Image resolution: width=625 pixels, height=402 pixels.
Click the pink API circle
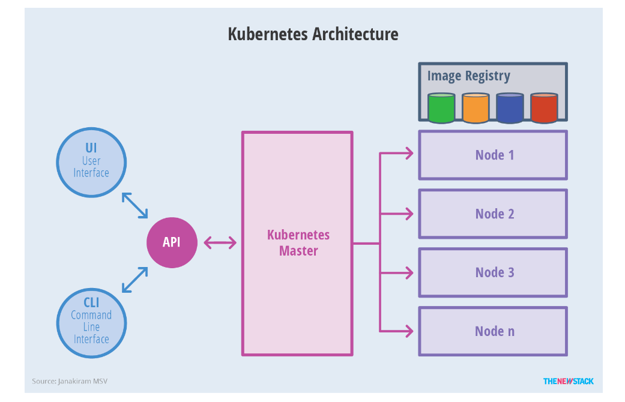pyautogui.click(x=172, y=242)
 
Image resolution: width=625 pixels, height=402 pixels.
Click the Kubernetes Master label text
pyautogui.click(x=298, y=243)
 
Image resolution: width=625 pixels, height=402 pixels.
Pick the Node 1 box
pyautogui.click(x=493, y=155)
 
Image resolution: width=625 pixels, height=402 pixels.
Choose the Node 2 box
pyautogui.click(x=493, y=214)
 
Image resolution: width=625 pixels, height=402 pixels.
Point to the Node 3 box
pyautogui.click(x=493, y=272)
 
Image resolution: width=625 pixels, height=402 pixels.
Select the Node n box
pyautogui.click(x=493, y=331)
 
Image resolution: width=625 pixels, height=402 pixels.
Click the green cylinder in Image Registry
pyautogui.click(x=441, y=108)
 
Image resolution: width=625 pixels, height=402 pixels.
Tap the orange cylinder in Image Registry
pyautogui.click(x=476, y=108)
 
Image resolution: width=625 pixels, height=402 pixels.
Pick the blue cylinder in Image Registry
pyautogui.click(x=510, y=108)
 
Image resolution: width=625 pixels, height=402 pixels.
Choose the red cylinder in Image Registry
pyautogui.click(x=544, y=108)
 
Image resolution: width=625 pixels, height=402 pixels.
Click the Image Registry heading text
pyautogui.click(x=468, y=76)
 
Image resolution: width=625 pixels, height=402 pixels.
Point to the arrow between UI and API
pyautogui.click(x=134, y=206)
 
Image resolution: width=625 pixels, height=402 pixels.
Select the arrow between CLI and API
pyautogui.click(x=134, y=280)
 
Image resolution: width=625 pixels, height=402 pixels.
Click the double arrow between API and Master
pyautogui.click(x=220, y=243)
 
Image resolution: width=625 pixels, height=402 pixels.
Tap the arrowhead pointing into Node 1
pyautogui.click(x=409, y=154)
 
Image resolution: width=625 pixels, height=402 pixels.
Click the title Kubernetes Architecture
pyautogui.click(x=313, y=34)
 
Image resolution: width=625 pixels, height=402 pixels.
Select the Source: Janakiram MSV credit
pyautogui.click(x=70, y=381)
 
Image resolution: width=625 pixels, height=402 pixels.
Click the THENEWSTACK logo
pyautogui.click(x=568, y=381)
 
